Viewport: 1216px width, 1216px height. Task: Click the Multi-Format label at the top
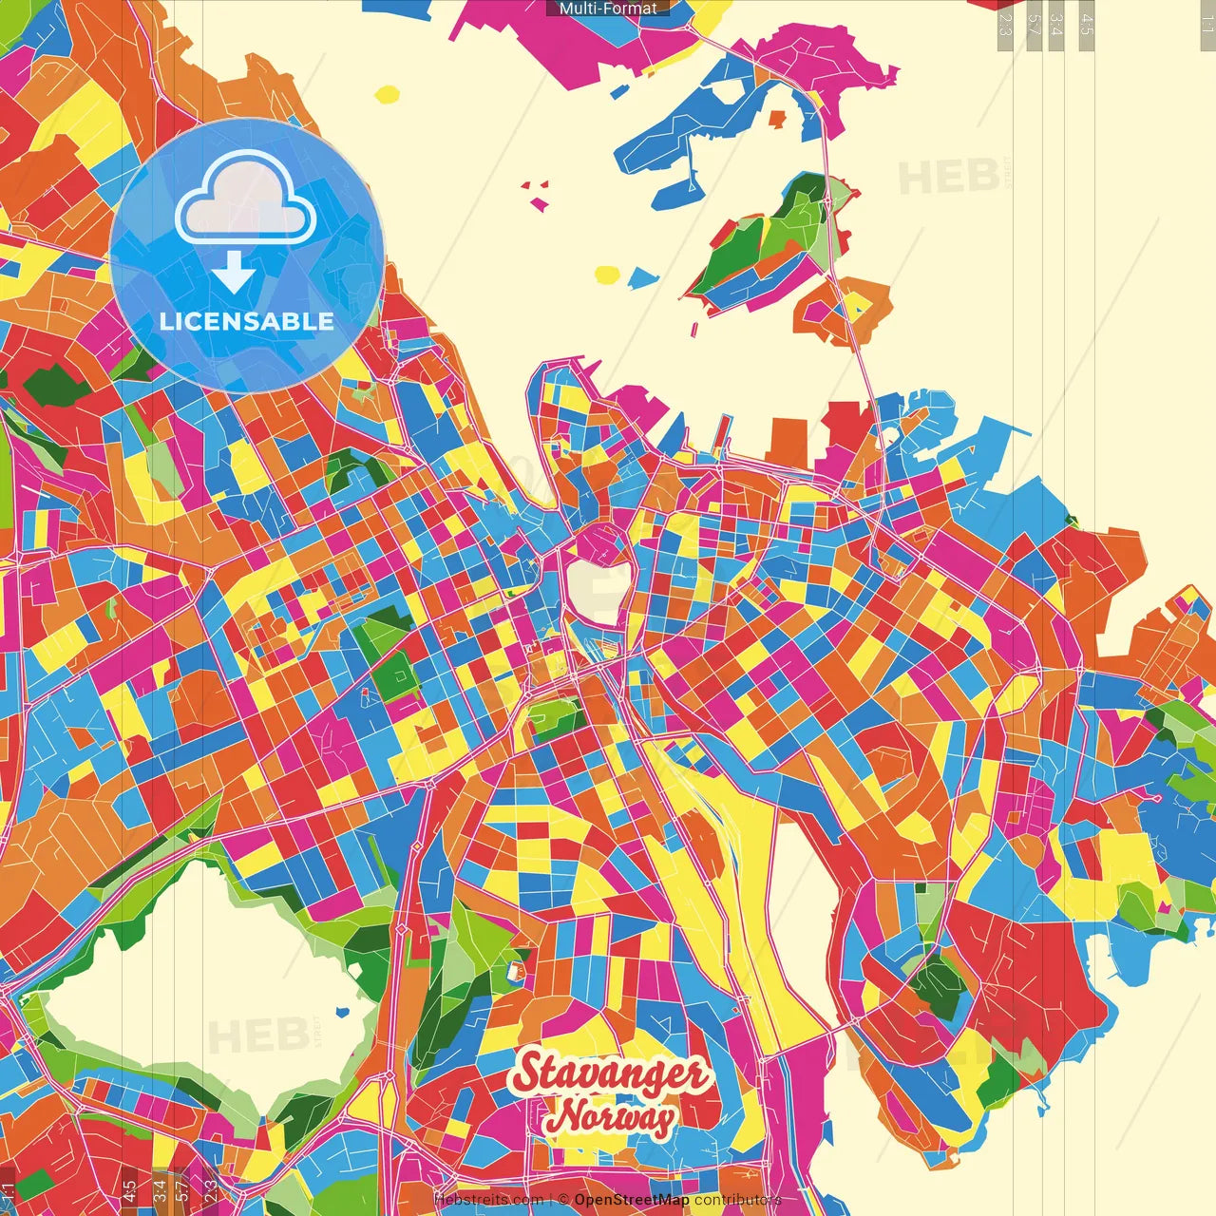(x=608, y=9)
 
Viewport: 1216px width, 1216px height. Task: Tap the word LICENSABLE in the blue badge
(x=247, y=321)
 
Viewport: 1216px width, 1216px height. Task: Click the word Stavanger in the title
(x=610, y=1073)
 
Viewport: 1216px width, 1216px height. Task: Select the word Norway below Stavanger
(x=612, y=1117)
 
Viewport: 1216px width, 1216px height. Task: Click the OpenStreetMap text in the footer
(x=631, y=1200)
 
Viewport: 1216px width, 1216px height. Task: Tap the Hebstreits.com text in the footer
(x=488, y=1200)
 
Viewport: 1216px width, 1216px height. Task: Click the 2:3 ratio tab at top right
(x=1005, y=24)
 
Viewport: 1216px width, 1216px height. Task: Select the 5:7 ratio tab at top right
(x=1033, y=24)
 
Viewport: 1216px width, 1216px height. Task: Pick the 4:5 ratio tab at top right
(x=1087, y=24)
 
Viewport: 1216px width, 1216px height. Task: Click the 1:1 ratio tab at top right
(x=1206, y=24)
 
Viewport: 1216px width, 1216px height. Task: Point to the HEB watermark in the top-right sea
(x=948, y=178)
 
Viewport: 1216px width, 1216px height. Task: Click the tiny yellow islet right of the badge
(x=388, y=94)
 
